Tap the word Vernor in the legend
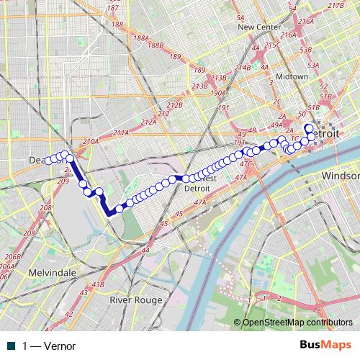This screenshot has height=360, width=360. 60,346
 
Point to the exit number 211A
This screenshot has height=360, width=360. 120,133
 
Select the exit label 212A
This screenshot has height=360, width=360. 149,122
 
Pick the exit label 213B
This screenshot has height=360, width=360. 218,78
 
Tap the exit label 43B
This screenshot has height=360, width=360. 99,285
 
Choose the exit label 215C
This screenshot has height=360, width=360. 272,45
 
